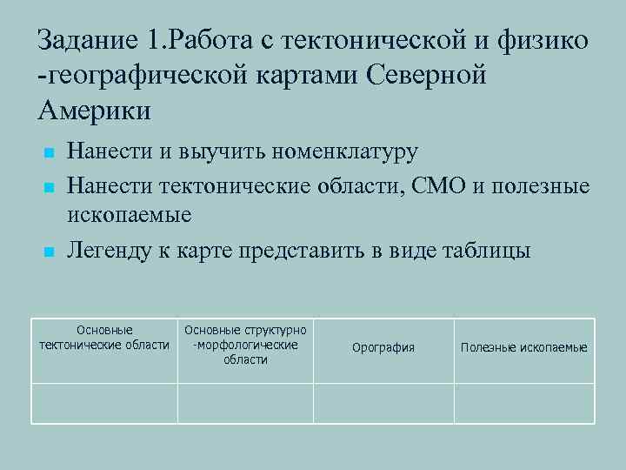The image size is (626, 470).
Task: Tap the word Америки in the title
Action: [x=95, y=111]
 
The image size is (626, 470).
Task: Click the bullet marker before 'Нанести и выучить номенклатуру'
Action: [x=50, y=154]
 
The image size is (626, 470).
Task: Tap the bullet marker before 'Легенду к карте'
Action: [x=50, y=252]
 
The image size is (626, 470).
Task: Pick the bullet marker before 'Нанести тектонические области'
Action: [x=50, y=187]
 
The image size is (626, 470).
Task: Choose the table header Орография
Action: [x=383, y=347]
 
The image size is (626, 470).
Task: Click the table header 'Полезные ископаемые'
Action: [x=523, y=347]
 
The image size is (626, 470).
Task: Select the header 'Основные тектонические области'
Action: [x=104, y=338]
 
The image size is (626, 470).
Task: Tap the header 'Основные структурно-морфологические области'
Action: [x=245, y=345]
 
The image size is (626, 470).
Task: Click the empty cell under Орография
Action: [x=383, y=403]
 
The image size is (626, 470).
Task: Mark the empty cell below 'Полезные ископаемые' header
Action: [x=523, y=403]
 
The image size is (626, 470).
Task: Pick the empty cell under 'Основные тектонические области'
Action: [x=104, y=403]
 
